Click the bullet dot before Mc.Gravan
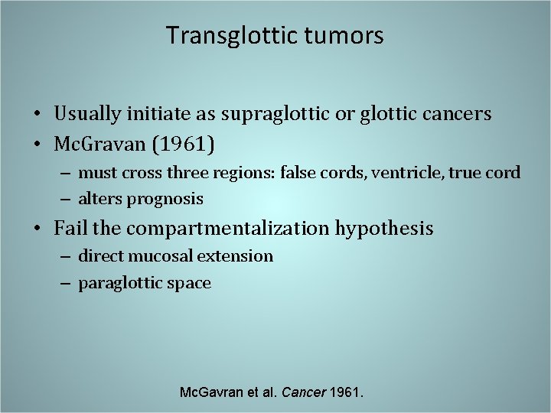[37, 143]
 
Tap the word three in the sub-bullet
[184, 173]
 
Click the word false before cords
[302, 173]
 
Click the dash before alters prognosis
[67, 199]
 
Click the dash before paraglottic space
[67, 283]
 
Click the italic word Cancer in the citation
[304, 392]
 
